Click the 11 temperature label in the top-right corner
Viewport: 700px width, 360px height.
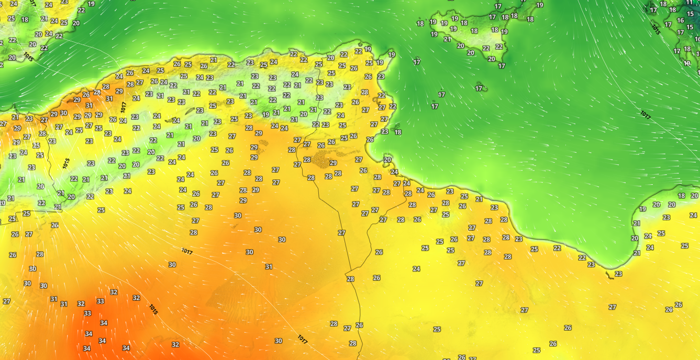tap(690, 2)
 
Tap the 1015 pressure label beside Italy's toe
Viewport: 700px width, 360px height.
tap(656, 28)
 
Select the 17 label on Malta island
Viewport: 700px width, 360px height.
tap(479, 88)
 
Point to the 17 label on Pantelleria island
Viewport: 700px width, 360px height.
tap(417, 62)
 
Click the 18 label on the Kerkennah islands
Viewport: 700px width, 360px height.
tap(398, 132)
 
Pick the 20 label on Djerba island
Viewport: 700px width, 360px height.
tap(387, 160)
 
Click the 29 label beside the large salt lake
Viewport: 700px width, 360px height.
tap(333, 163)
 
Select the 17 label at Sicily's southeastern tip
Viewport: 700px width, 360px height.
tap(502, 66)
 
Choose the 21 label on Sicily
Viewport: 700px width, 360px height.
tap(447, 39)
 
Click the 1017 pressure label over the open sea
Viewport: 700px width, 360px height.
tap(645, 115)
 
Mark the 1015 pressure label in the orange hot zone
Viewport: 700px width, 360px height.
tap(153, 309)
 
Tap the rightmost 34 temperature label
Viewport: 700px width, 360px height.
tap(126, 348)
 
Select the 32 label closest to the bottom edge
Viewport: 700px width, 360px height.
tap(175, 345)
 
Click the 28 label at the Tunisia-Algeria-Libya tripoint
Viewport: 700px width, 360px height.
tap(350, 279)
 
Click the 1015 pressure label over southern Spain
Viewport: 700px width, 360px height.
tap(28, 57)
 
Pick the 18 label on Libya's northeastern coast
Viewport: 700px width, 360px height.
tap(681, 196)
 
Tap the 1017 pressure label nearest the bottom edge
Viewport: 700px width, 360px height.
tap(302, 339)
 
